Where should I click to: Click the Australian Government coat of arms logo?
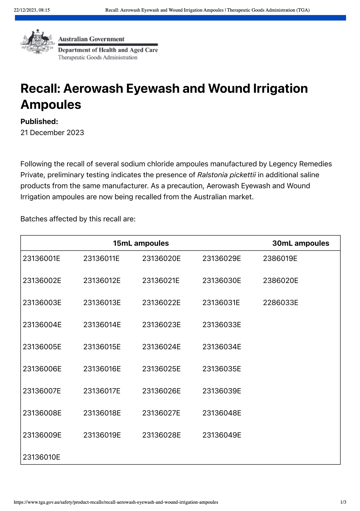coord(37,42)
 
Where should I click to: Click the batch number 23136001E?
coord(42,258)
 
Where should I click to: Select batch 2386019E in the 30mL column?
coord(280,258)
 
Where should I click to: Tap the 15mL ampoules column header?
coord(141,243)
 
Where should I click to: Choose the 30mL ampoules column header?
coord(301,243)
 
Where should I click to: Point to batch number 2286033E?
coord(281,303)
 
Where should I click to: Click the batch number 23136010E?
coord(42,457)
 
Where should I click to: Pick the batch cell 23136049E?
coord(222,435)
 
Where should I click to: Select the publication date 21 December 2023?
coord(52,133)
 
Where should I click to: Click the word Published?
coord(39,121)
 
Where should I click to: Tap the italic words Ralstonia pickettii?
coord(226,175)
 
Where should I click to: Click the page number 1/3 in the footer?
coord(343,502)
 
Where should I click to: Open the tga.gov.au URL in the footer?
coord(116,502)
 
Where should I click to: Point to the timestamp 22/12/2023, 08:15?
coord(32,10)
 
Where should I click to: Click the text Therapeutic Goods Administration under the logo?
coord(98,57)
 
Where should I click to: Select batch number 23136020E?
coord(161,258)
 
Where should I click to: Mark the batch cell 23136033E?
coord(222,325)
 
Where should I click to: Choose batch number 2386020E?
coord(281,281)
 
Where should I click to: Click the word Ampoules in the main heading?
coord(51,105)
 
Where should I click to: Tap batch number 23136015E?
coord(102,347)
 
